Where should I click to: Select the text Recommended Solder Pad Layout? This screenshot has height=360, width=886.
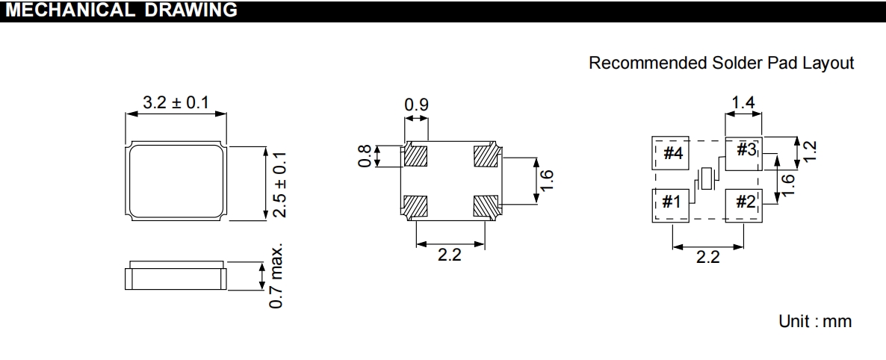721,63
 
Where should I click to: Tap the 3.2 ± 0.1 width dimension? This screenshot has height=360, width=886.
176,103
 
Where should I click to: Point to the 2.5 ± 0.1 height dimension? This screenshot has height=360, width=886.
279,183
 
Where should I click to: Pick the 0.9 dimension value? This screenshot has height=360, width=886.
416,106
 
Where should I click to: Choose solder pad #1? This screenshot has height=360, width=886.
671,203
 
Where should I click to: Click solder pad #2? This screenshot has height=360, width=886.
744,203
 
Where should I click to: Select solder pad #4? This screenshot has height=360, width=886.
671,154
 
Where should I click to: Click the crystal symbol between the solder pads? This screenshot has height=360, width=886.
707,179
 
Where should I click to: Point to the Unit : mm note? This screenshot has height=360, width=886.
814,322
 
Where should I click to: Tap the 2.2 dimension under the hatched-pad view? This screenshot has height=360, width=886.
450,255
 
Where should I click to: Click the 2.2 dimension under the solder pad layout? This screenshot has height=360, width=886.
707,257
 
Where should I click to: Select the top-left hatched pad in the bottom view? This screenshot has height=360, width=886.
415,156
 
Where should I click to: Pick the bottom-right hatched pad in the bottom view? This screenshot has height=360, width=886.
486,205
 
